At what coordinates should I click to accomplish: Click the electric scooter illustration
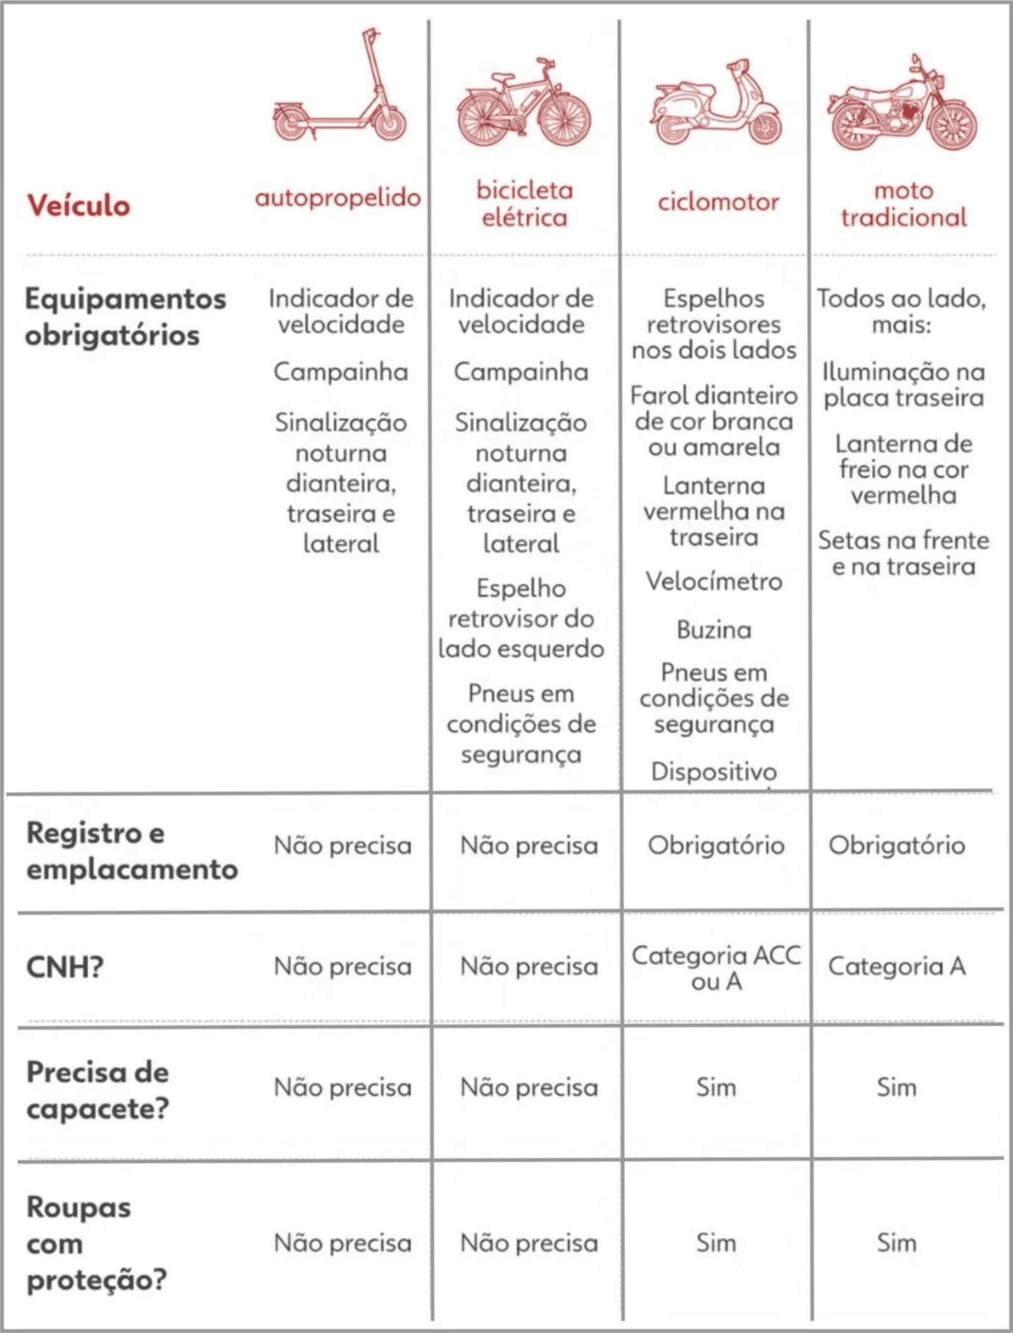point(341,89)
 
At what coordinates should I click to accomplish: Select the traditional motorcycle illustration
point(903,104)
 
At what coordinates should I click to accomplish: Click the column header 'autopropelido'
point(338,198)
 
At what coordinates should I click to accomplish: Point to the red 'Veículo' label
point(79,206)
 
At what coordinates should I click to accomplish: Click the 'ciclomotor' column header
point(718,203)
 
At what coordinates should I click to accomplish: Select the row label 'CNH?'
point(65,967)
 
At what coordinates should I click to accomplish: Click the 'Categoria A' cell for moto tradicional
point(897,966)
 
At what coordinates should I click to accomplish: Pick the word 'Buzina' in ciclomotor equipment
point(714,630)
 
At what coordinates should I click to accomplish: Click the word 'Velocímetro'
point(714,581)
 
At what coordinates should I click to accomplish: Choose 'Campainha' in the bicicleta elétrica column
point(521,372)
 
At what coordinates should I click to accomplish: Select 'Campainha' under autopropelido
point(341,372)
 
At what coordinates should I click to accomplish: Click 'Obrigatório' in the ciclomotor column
point(716,845)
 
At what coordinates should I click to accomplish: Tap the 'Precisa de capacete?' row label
point(98,1090)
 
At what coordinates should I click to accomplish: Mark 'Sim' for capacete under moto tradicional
point(897,1088)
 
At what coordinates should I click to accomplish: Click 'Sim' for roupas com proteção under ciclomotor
point(716,1243)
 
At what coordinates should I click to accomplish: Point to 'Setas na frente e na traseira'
point(903,553)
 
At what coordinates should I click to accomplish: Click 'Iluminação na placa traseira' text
point(903,385)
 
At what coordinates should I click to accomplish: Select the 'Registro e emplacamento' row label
point(132,851)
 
